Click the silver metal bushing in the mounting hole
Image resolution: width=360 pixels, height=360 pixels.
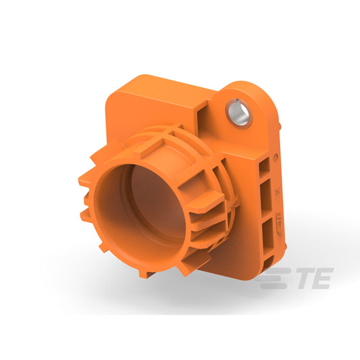pos(239,113)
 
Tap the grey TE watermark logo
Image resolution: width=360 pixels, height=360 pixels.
pos(294,278)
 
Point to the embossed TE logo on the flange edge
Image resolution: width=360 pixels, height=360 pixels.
pos(279,224)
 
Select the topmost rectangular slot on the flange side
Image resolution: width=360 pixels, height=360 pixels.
pos(265,167)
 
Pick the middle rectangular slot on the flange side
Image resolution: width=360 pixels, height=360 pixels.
pos(267,198)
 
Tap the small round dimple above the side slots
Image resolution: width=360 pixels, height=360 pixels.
pos(276,157)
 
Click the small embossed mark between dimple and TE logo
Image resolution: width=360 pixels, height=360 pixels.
pos(278,190)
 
